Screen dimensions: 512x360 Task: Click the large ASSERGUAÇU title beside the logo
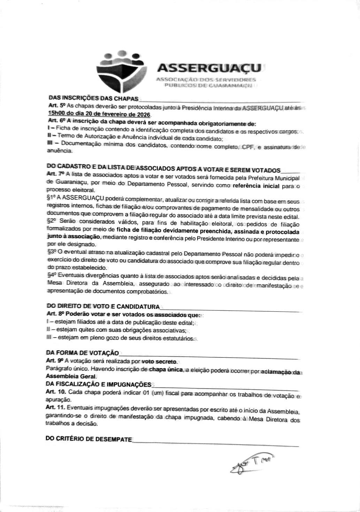tap(208, 68)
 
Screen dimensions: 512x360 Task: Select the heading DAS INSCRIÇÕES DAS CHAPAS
tap(93, 99)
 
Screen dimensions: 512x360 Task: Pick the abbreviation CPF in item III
tap(249, 147)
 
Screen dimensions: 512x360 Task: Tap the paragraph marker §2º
tap(51, 221)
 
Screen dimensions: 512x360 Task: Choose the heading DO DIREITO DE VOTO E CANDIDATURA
tap(103, 307)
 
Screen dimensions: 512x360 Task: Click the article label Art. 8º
tap(55, 314)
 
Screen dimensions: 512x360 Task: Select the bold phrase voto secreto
tap(160, 361)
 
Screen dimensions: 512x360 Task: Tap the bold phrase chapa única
tap(166, 370)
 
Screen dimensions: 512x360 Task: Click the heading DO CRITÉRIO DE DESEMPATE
tap(89, 439)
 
